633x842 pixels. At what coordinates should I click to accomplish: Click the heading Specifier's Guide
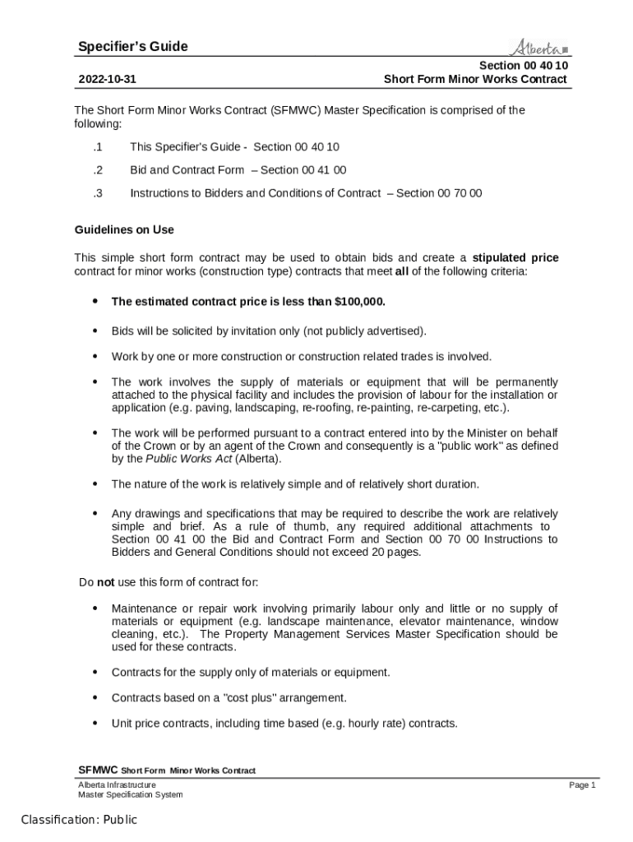(132, 47)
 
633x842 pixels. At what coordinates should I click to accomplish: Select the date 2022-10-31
(107, 80)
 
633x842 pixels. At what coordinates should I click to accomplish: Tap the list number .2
(97, 170)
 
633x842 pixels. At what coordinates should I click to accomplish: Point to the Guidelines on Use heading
(124, 229)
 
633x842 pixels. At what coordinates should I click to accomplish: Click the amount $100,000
(360, 302)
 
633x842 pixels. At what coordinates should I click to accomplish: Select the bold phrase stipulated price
(515, 258)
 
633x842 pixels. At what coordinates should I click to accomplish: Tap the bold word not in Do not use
(105, 583)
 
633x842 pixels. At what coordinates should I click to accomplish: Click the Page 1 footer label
(582, 785)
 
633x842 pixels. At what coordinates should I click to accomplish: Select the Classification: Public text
(79, 820)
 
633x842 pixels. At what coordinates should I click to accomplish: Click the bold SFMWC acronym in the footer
(98, 770)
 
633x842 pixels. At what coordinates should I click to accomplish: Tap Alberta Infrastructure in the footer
(117, 785)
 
